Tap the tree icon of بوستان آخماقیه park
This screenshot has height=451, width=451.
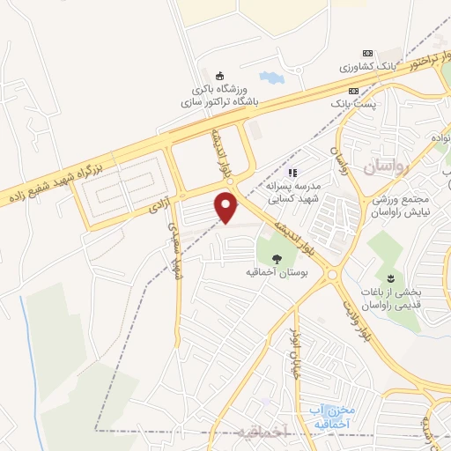click(x=277, y=259)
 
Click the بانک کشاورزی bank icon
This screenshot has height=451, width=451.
click(x=367, y=54)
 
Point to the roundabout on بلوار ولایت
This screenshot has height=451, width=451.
click(x=333, y=276)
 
